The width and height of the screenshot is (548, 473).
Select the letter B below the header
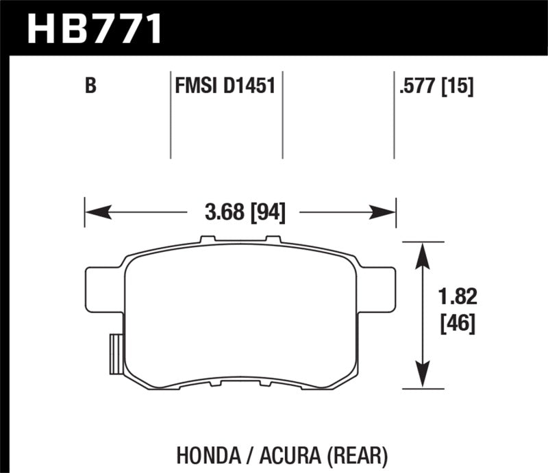pos(89,86)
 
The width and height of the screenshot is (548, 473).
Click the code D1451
pos(251,86)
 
